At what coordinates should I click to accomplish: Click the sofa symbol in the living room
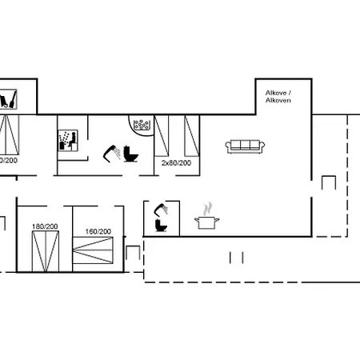pyautogui.click(x=245, y=145)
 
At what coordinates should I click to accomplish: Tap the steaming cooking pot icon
pyautogui.click(x=207, y=220)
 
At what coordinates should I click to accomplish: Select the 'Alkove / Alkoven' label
pyautogui.click(x=278, y=98)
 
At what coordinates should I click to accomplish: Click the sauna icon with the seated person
pyautogui.click(x=67, y=139)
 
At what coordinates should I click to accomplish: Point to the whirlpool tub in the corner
pyautogui.click(x=142, y=125)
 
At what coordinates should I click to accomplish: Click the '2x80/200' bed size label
pyautogui.click(x=176, y=163)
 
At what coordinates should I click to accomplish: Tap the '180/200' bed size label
pyautogui.click(x=45, y=226)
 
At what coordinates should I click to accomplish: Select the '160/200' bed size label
pyautogui.click(x=98, y=232)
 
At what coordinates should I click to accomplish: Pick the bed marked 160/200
pyautogui.click(x=98, y=254)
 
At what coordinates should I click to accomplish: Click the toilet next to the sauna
pyautogui.click(x=130, y=153)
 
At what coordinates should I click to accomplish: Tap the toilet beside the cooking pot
pyautogui.click(x=162, y=226)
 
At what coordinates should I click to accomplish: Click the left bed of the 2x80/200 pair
pyautogui.click(x=163, y=136)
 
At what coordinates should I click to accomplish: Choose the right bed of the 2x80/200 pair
pyautogui.click(x=190, y=136)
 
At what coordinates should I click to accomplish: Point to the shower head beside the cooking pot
pyautogui.click(x=160, y=209)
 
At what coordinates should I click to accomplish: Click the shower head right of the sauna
pyautogui.click(x=112, y=150)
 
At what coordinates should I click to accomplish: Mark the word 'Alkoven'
pyautogui.click(x=278, y=102)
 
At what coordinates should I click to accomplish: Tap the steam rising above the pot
pyautogui.click(x=209, y=206)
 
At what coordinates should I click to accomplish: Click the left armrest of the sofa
pyautogui.click(x=229, y=146)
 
